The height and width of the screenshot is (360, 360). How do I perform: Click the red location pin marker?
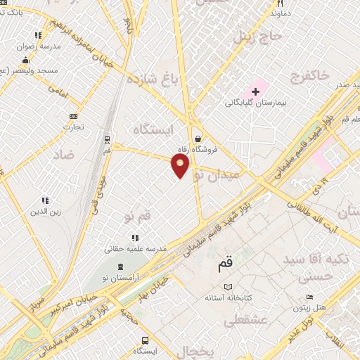pos(181,166)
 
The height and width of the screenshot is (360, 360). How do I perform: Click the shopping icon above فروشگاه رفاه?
pos(200,139)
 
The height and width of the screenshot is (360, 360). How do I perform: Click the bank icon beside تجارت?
pos(73,116)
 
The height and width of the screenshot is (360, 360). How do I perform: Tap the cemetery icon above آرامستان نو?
pos(121,267)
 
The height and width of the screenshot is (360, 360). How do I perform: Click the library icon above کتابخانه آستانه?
pos(227,287)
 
